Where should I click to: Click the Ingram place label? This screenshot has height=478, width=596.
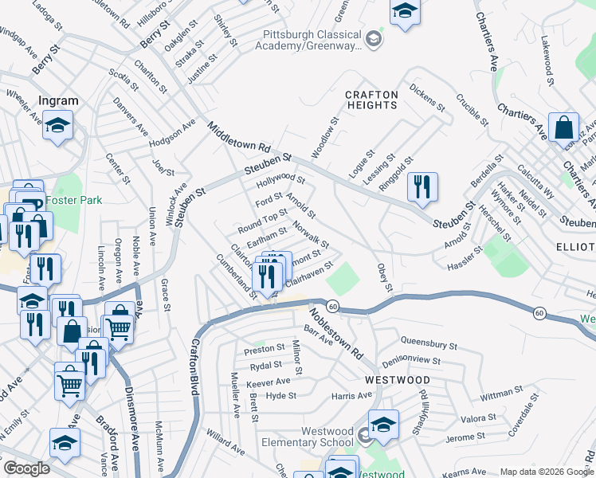pyautogui.click(x=59, y=101)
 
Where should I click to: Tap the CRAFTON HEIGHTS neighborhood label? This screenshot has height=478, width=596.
pyautogui.click(x=371, y=100)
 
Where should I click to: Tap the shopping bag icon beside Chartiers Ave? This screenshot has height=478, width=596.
pyautogui.click(x=563, y=127)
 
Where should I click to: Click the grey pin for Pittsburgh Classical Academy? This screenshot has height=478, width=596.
pyautogui.click(x=373, y=38)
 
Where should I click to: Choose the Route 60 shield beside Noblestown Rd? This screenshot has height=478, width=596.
pyautogui.click(x=332, y=307)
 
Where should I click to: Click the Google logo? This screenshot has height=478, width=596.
pyautogui.click(x=26, y=468)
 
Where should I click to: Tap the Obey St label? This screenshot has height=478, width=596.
pyautogui.click(x=385, y=276)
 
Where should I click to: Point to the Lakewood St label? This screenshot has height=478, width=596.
pyautogui.click(x=547, y=54)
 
